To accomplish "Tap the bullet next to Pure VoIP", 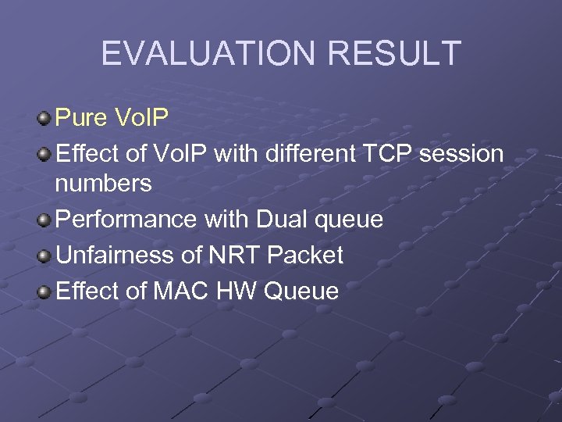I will (44, 119).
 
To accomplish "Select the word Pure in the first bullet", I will (81, 118).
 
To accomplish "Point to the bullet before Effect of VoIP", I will (44, 154).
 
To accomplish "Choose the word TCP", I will (389, 154).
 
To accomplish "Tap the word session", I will (461, 154).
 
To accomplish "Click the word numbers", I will (103, 184).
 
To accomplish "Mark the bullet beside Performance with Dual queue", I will (44, 220).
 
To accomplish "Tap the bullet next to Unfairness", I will (44, 256).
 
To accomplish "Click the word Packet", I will (305, 255).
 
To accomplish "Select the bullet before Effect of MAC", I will (44, 291).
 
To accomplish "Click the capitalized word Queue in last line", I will (301, 291).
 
